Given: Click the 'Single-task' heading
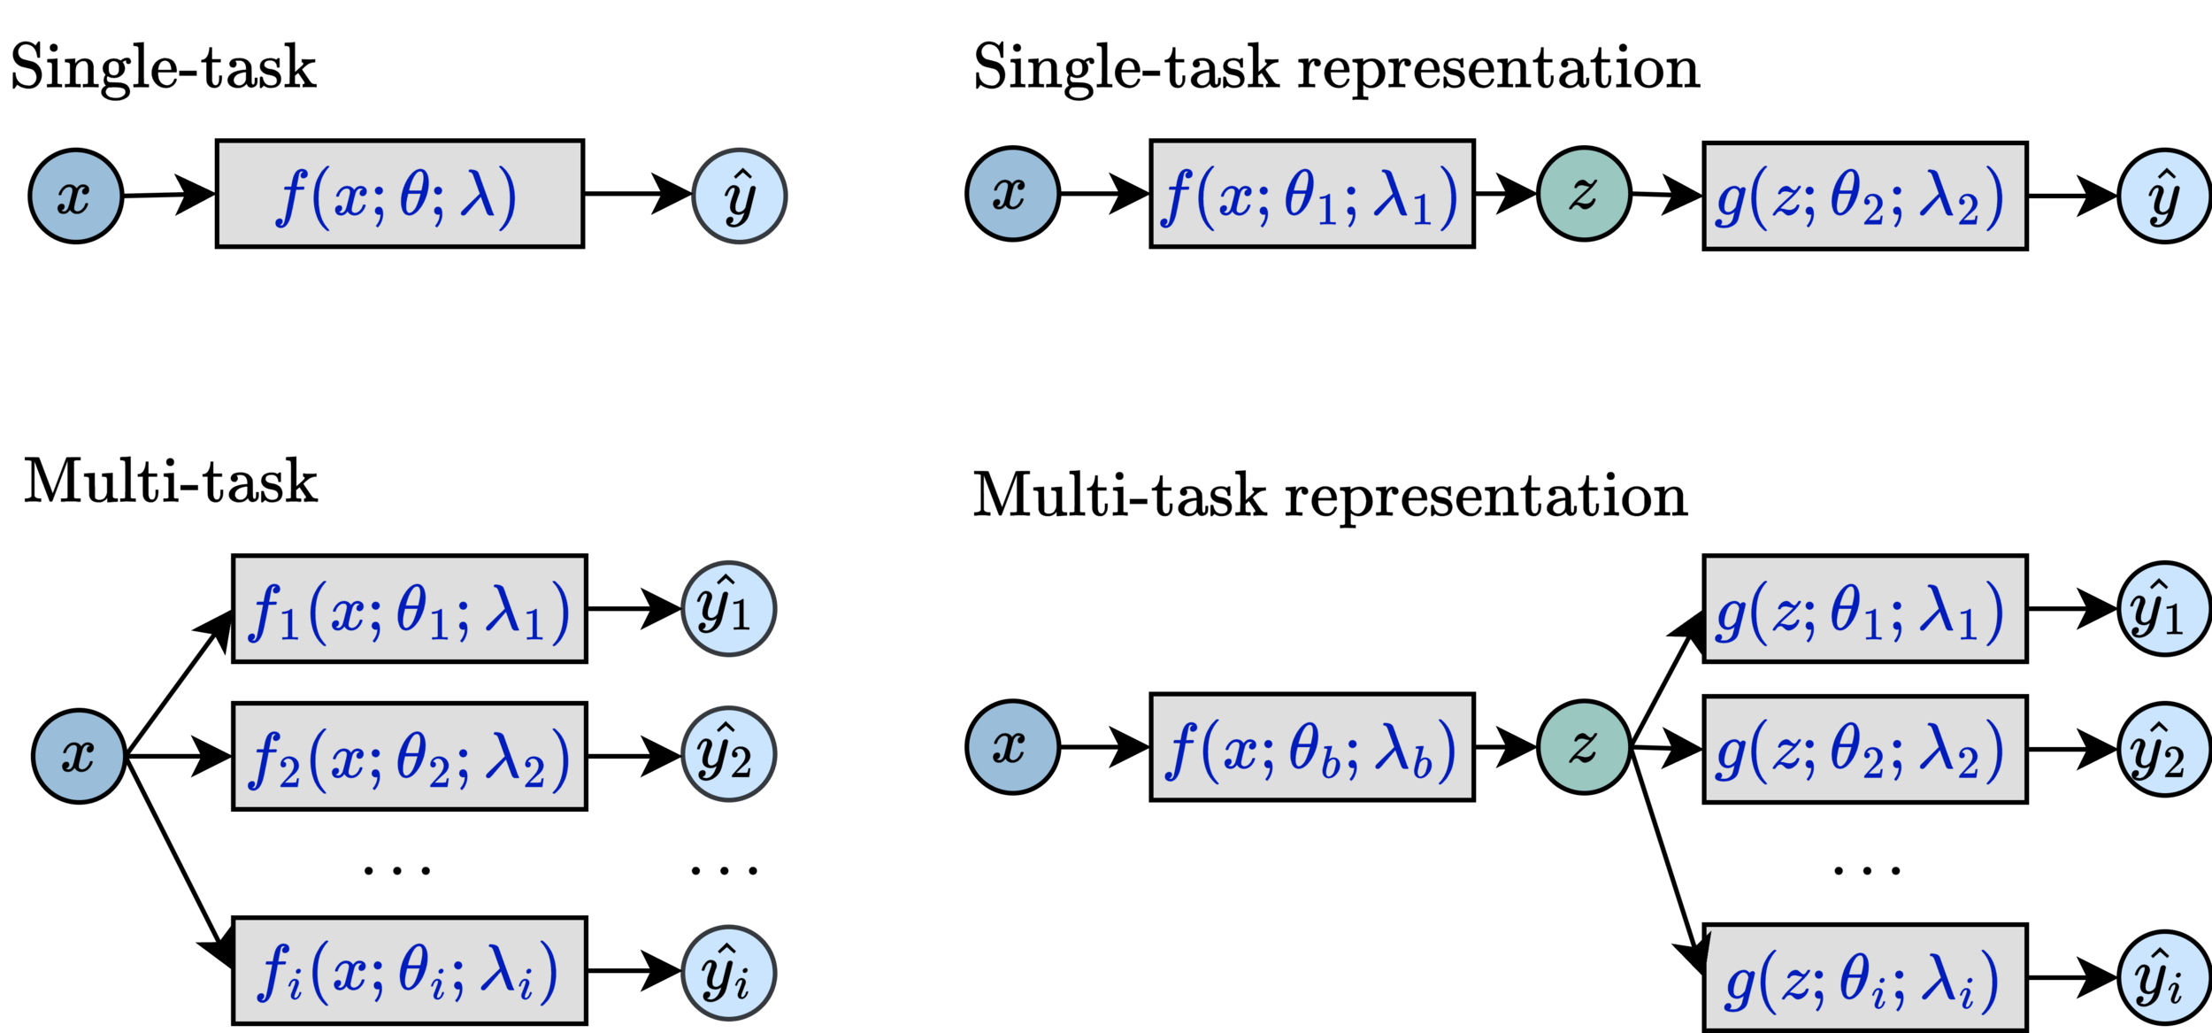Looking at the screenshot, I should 164,68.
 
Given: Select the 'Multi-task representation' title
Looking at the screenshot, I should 1330,496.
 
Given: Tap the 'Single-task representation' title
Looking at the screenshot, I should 1336,68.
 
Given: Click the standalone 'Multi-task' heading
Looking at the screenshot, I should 170,482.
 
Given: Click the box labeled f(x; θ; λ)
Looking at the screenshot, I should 399,194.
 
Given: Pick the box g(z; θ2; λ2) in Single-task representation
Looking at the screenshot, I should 1865,197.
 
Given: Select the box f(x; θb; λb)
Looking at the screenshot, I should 1311,748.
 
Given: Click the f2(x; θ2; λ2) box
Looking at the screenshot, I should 409,757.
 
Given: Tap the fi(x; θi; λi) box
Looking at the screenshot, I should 409,971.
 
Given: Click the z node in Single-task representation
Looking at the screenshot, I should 1584,194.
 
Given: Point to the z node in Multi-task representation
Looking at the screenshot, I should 1584,747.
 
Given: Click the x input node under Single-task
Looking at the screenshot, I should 75,196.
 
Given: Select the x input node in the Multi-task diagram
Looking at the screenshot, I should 79,756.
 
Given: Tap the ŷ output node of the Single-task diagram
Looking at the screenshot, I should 740,196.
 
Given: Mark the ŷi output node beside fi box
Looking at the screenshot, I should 728,972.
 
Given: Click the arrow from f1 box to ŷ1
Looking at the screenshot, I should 634,609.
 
